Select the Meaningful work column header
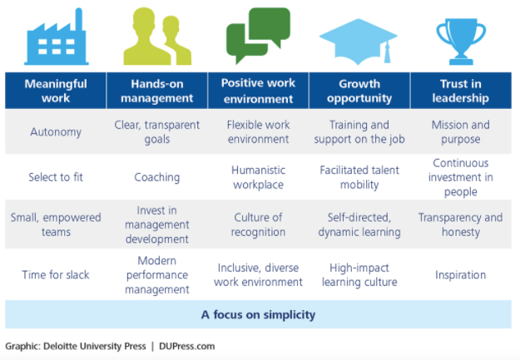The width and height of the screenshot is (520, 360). (x=55, y=91)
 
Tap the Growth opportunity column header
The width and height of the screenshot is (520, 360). (x=359, y=91)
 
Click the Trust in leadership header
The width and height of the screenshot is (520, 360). (x=460, y=91)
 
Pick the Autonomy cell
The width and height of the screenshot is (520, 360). (x=55, y=131)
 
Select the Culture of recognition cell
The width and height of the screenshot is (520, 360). (x=258, y=224)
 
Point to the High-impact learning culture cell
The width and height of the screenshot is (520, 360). (x=359, y=274)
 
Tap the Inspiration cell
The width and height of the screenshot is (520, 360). (x=460, y=274)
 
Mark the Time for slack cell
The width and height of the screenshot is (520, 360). (x=55, y=274)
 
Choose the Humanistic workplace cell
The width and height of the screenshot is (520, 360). (x=258, y=177)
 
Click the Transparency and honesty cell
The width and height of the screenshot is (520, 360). (x=460, y=224)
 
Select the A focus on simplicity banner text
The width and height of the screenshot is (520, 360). (x=258, y=315)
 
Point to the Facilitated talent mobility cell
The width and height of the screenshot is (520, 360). (x=359, y=177)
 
